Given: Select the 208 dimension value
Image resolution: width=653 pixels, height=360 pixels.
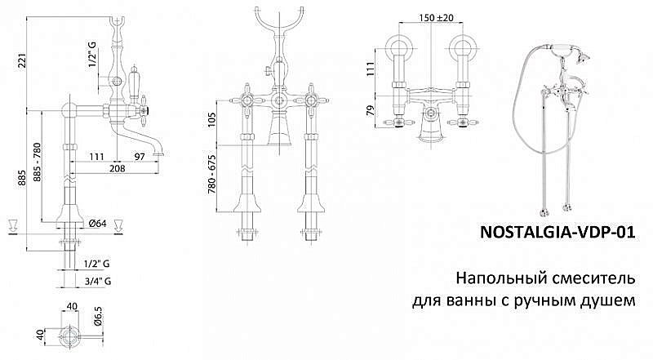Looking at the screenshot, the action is (x=118, y=168).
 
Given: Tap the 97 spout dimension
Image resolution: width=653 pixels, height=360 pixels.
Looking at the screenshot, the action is (x=140, y=156).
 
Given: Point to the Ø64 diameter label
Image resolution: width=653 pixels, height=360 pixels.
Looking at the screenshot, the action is (x=97, y=224).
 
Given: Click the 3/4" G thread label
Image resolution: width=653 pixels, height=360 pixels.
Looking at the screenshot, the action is (x=97, y=282).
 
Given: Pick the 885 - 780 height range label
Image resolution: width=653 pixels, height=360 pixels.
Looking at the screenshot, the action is (x=37, y=162).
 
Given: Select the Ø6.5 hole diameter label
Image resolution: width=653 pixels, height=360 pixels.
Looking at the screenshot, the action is (x=98, y=316).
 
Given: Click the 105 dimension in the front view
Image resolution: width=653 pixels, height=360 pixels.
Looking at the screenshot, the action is (x=211, y=119).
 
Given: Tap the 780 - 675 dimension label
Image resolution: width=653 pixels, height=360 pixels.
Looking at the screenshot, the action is (x=211, y=174).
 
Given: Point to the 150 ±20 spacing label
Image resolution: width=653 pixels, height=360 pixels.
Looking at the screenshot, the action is (x=436, y=18).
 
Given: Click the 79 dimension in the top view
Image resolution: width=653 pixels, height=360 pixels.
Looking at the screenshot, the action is (x=371, y=110).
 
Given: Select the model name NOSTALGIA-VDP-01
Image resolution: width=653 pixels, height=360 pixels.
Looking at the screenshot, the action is (x=558, y=232).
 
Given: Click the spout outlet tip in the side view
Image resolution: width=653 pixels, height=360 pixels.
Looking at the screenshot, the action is (x=158, y=153).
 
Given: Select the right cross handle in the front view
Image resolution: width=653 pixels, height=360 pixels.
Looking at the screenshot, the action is (x=311, y=101).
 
